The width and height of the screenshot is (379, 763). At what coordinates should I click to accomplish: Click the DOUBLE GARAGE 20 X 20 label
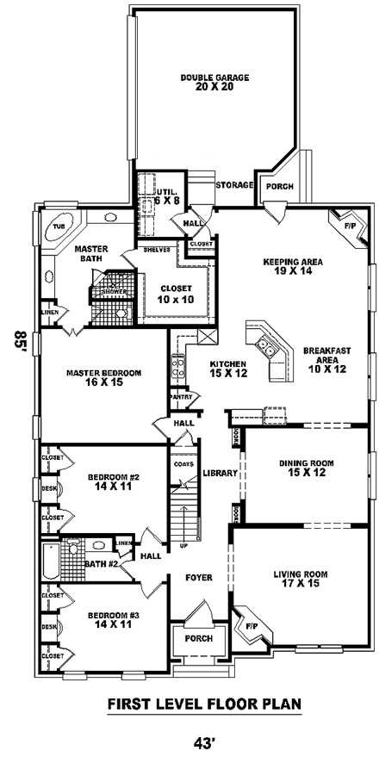(x=214, y=82)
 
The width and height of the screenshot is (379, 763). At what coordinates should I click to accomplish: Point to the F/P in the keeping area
(x=349, y=226)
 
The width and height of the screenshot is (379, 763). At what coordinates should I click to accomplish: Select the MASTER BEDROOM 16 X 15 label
(x=103, y=378)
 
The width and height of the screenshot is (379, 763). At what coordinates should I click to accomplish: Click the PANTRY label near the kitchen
(x=180, y=397)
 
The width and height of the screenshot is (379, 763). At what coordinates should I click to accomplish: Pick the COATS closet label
(x=183, y=465)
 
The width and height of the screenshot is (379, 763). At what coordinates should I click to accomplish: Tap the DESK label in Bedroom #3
(x=49, y=626)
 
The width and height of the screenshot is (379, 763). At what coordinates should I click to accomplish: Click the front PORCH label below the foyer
(x=200, y=639)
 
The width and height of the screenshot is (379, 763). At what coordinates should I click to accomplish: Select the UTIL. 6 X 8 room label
(x=167, y=195)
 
